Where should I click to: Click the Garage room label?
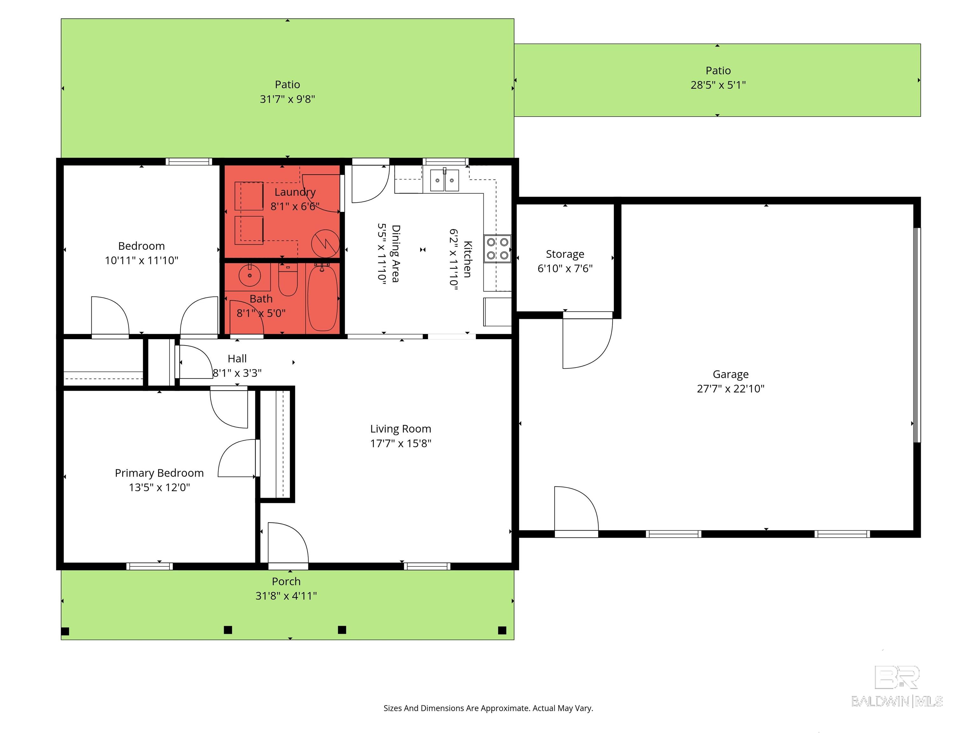(x=731, y=374)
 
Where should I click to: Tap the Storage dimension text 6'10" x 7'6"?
(x=565, y=269)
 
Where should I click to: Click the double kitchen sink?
(x=444, y=180)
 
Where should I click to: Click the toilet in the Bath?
(x=288, y=281)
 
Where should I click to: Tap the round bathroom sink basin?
(x=250, y=276)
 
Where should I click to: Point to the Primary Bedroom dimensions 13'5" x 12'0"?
(x=159, y=487)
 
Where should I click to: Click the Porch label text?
(x=286, y=582)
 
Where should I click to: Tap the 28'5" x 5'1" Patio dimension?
(x=718, y=85)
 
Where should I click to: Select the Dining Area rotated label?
(x=396, y=254)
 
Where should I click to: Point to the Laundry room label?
(x=295, y=192)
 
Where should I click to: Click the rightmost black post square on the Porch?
(x=502, y=630)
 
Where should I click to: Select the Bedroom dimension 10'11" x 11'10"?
(x=141, y=261)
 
